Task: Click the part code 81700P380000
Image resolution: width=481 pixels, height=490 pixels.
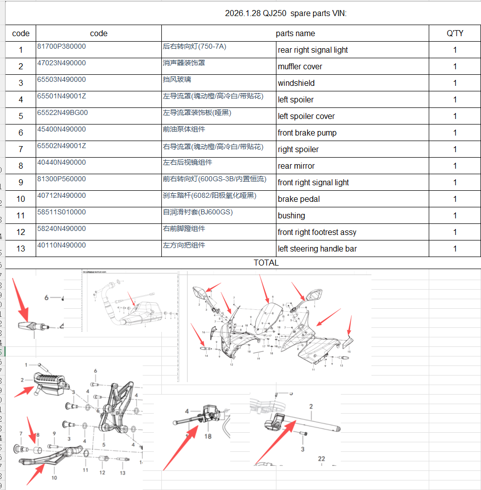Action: click(x=61, y=46)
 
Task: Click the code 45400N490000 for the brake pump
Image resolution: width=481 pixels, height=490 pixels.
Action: click(x=61, y=129)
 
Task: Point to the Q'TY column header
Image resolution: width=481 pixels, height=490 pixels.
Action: click(x=455, y=33)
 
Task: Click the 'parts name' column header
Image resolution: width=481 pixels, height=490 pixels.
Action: click(x=295, y=33)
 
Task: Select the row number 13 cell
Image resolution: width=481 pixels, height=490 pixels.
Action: click(x=21, y=249)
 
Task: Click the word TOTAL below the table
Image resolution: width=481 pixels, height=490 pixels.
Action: click(x=266, y=263)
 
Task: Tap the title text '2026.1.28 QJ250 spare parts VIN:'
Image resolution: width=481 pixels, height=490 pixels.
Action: click(x=285, y=14)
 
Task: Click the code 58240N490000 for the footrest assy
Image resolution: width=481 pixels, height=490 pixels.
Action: click(x=61, y=228)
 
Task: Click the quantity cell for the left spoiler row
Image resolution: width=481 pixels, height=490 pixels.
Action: click(x=455, y=100)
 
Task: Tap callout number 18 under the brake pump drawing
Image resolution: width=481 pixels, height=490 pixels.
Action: click(x=208, y=436)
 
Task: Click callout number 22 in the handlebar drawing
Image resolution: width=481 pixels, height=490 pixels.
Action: click(x=321, y=458)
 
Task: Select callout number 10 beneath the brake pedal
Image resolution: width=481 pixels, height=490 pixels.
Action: click(x=54, y=477)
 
